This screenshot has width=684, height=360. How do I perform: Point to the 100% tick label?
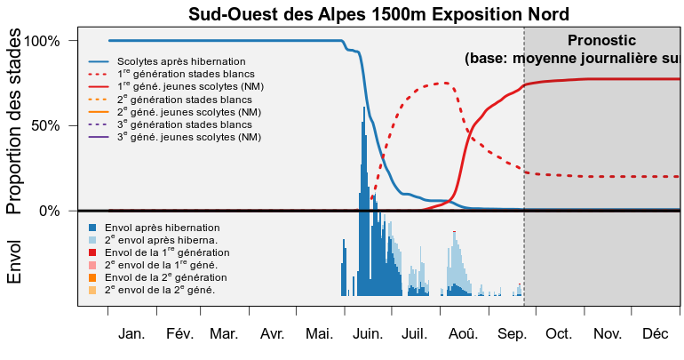[42, 42]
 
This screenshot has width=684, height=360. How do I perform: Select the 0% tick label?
[49, 211]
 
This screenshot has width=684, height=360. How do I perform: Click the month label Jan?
[131, 334]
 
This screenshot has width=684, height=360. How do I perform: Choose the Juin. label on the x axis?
[368, 334]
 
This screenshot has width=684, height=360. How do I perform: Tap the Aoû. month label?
[464, 334]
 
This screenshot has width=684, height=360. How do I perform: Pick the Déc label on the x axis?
[656, 334]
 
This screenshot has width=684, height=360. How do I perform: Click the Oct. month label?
[559, 334]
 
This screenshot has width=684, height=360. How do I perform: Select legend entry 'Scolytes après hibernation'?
[167, 61]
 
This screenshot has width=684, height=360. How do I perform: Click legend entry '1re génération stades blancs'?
[171, 74]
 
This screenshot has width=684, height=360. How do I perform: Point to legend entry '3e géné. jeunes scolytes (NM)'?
[175, 137]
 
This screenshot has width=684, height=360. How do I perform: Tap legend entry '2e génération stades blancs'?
[171, 100]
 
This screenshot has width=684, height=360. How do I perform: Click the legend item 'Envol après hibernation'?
[154, 228]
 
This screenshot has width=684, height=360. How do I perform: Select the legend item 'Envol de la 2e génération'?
[157, 277]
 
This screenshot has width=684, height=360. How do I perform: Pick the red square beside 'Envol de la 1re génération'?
[92, 252]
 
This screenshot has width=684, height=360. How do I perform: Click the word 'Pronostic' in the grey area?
[601, 40]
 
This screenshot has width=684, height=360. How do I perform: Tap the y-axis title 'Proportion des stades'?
[13, 121]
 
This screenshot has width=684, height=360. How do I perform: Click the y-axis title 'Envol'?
[13, 262]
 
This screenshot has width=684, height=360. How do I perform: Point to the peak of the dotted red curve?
[445, 83]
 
